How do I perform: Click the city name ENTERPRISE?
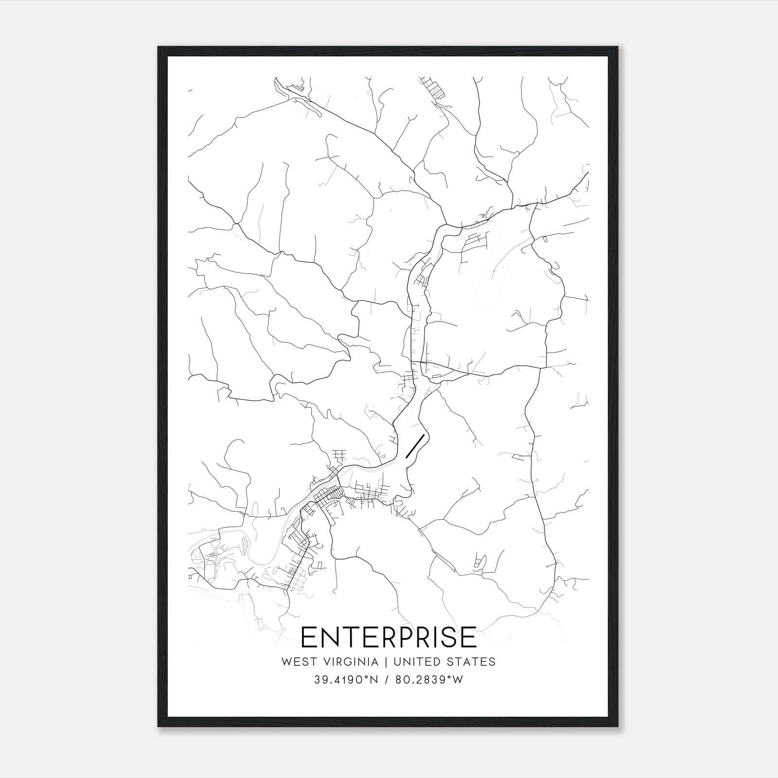389,637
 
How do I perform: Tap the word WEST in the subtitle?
297,662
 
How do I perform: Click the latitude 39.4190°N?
346,680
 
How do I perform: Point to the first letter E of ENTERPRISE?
309,637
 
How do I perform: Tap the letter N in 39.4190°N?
374,680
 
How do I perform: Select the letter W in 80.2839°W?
458,680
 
